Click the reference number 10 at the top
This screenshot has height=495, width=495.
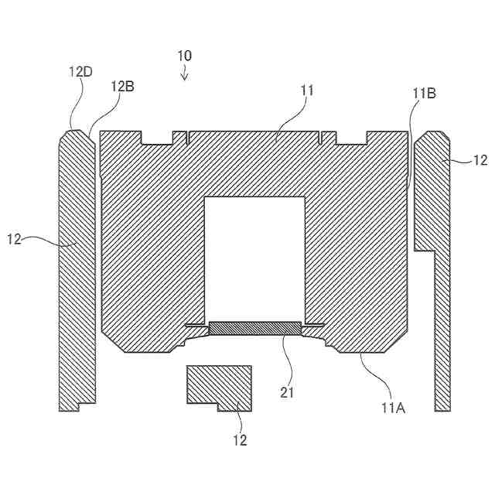click(x=184, y=56)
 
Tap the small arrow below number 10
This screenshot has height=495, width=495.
click(x=184, y=73)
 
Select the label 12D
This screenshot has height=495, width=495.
click(x=80, y=71)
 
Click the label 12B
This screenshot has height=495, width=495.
click(x=122, y=87)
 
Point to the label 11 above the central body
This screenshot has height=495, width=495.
click(x=307, y=90)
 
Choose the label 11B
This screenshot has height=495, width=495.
click(x=424, y=94)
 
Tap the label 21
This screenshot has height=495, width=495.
click(x=288, y=392)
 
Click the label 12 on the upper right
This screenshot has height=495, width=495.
click(x=480, y=160)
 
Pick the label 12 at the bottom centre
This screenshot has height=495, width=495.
click(x=240, y=440)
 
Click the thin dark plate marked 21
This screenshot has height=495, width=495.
click(x=253, y=328)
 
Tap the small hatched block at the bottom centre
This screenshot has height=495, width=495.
click(x=219, y=384)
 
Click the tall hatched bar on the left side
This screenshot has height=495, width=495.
click(x=77, y=271)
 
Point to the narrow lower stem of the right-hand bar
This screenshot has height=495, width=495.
click(x=442, y=333)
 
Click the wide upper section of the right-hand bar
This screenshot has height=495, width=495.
click(x=432, y=193)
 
